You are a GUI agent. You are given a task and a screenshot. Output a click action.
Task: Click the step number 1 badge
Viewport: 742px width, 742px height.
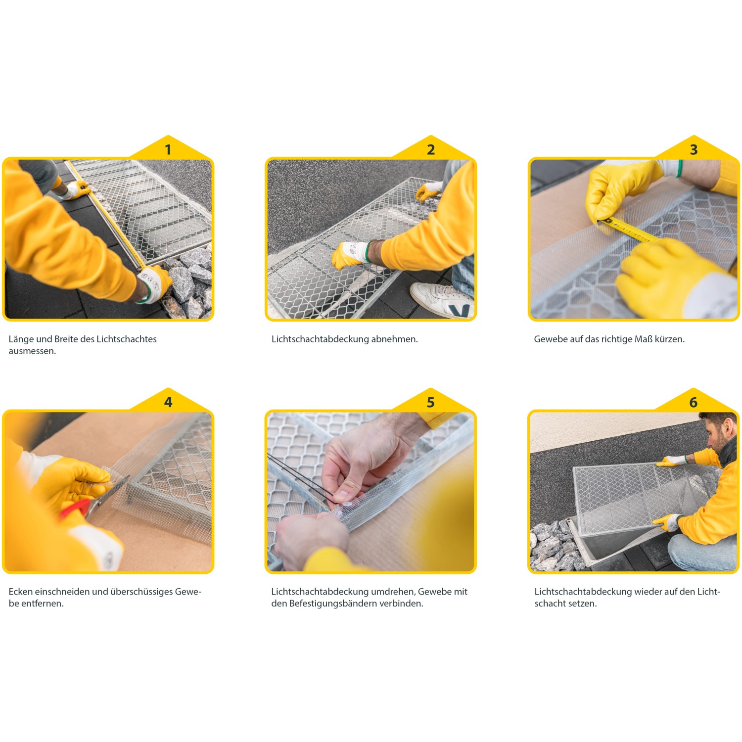[x=168, y=149]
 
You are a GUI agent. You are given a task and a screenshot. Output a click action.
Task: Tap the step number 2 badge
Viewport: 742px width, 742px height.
[x=431, y=149]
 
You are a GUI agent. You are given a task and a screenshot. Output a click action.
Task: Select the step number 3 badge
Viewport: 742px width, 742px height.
[x=694, y=149]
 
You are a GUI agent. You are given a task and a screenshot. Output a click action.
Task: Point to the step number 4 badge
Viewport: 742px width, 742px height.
[x=168, y=402]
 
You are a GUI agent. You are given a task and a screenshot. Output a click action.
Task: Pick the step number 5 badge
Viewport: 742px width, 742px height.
[x=431, y=402]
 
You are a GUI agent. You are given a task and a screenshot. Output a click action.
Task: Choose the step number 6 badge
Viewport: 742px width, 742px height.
[x=694, y=402]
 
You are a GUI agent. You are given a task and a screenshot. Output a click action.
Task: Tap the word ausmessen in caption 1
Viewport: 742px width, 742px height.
[x=32, y=351]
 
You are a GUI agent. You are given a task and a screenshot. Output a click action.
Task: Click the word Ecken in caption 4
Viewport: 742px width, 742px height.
[x=21, y=592]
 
